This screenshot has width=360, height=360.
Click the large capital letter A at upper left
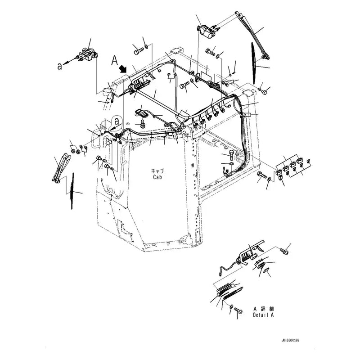pyautogui.click(x=115, y=59)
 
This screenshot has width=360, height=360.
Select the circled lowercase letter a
pyautogui.click(x=117, y=121)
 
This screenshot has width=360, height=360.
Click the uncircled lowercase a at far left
pyautogui.click(x=59, y=66)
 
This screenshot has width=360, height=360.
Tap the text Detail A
pyautogui.click(x=263, y=315)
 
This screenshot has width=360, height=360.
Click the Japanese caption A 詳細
pyautogui.click(x=263, y=309)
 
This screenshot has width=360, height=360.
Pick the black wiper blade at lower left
pyautogui.click(x=72, y=191)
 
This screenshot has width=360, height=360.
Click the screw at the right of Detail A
pyautogui.click(x=283, y=251)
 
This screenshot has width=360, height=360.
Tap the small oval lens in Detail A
pyautogui.click(x=266, y=271)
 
